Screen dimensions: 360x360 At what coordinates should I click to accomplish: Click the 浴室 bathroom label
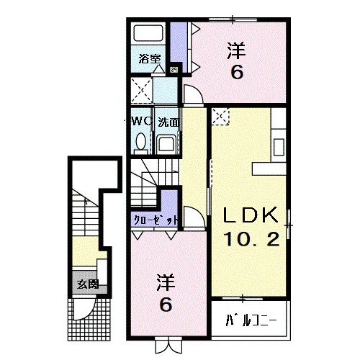coord(150,59)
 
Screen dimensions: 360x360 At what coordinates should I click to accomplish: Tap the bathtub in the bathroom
coord(148,33)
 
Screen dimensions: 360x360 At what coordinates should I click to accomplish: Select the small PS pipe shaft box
coord(174,70)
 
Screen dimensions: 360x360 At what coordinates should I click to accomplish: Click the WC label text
coord(142,122)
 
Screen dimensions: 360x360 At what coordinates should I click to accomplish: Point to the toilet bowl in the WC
coord(140,142)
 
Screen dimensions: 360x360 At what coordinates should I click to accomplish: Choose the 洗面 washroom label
coord(168,122)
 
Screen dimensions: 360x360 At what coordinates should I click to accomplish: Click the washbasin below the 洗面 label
coord(166,145)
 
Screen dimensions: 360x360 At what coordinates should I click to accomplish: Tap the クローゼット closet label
coord(156,220)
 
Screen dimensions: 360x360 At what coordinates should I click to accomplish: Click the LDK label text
coord(251,215)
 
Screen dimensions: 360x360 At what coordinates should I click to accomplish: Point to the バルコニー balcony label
coord(251,320)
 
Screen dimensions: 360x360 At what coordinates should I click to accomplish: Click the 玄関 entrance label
coord(88,284)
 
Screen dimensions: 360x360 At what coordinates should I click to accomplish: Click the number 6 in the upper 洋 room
coord(237,72)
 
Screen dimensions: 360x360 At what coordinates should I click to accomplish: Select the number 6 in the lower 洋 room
coord(166,305)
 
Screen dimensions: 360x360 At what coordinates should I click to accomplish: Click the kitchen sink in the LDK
coord(279,147)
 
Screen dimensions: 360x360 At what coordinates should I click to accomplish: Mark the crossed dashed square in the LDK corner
coord(220,117)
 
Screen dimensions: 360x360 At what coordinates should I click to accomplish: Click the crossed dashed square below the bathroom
coord(142,91)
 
